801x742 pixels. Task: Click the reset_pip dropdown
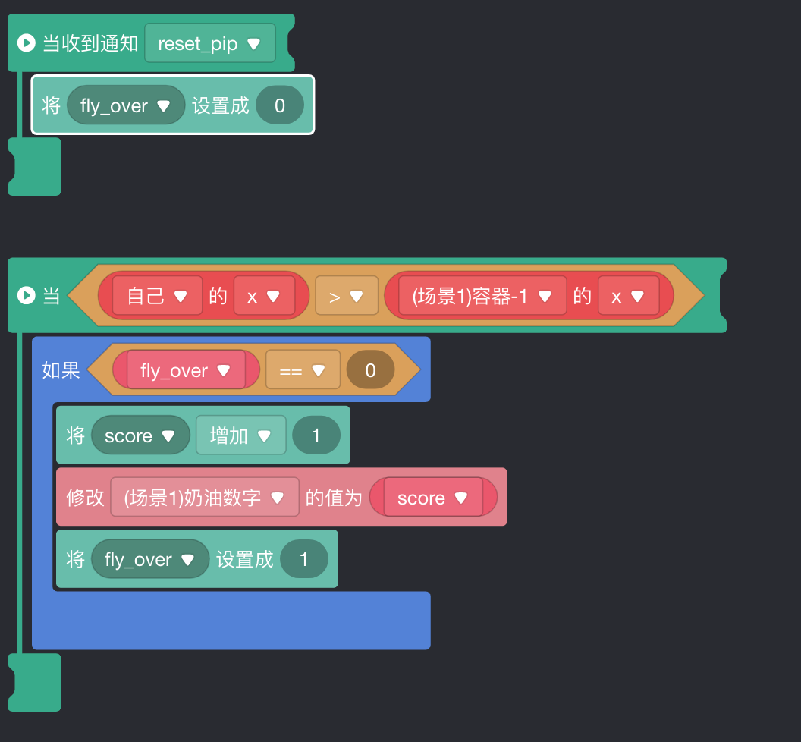pyautogui.click(x=209, y=44)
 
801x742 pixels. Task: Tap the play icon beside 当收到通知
pyautogui.click(x=26, y=43)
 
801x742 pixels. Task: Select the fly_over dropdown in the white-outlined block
pyautogui.click(x=125, y=106)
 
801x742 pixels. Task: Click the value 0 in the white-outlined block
pyautogui.click(x=279, y=106)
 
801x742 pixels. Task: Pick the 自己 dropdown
pyautogui.click(x=157, y=296)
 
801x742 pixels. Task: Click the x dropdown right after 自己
pyautogui.click(x=263, y=296)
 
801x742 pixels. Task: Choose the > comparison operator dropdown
pyautogui.click(x=346, y=296)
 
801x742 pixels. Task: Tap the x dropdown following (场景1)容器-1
pyautogui.click(x=627, y=296)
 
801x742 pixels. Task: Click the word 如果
pyautogui.click(x=61, y=370)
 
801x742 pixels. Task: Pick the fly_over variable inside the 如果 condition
pyautogui.click(x=185, y=370)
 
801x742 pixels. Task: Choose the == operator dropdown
pyautogui.click(x=302, y=370)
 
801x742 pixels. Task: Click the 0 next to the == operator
pyautogui.click(x=370, y=370)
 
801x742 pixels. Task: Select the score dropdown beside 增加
pyautogui.click(x=140, y=435)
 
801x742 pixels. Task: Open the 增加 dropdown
pyautogui.click(x=240, y=435)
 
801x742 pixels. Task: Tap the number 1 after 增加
pyautogui.click(x=316, y=435)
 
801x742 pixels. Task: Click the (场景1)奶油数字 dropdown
pyautogui.click(x=204, y=498)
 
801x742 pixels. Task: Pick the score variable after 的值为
pyautogui.click(x=432, y=498)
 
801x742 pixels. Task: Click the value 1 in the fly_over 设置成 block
pyautogui.click(x=303, y=560)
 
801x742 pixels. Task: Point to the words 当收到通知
pyautogui.click(x=90, y=43)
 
